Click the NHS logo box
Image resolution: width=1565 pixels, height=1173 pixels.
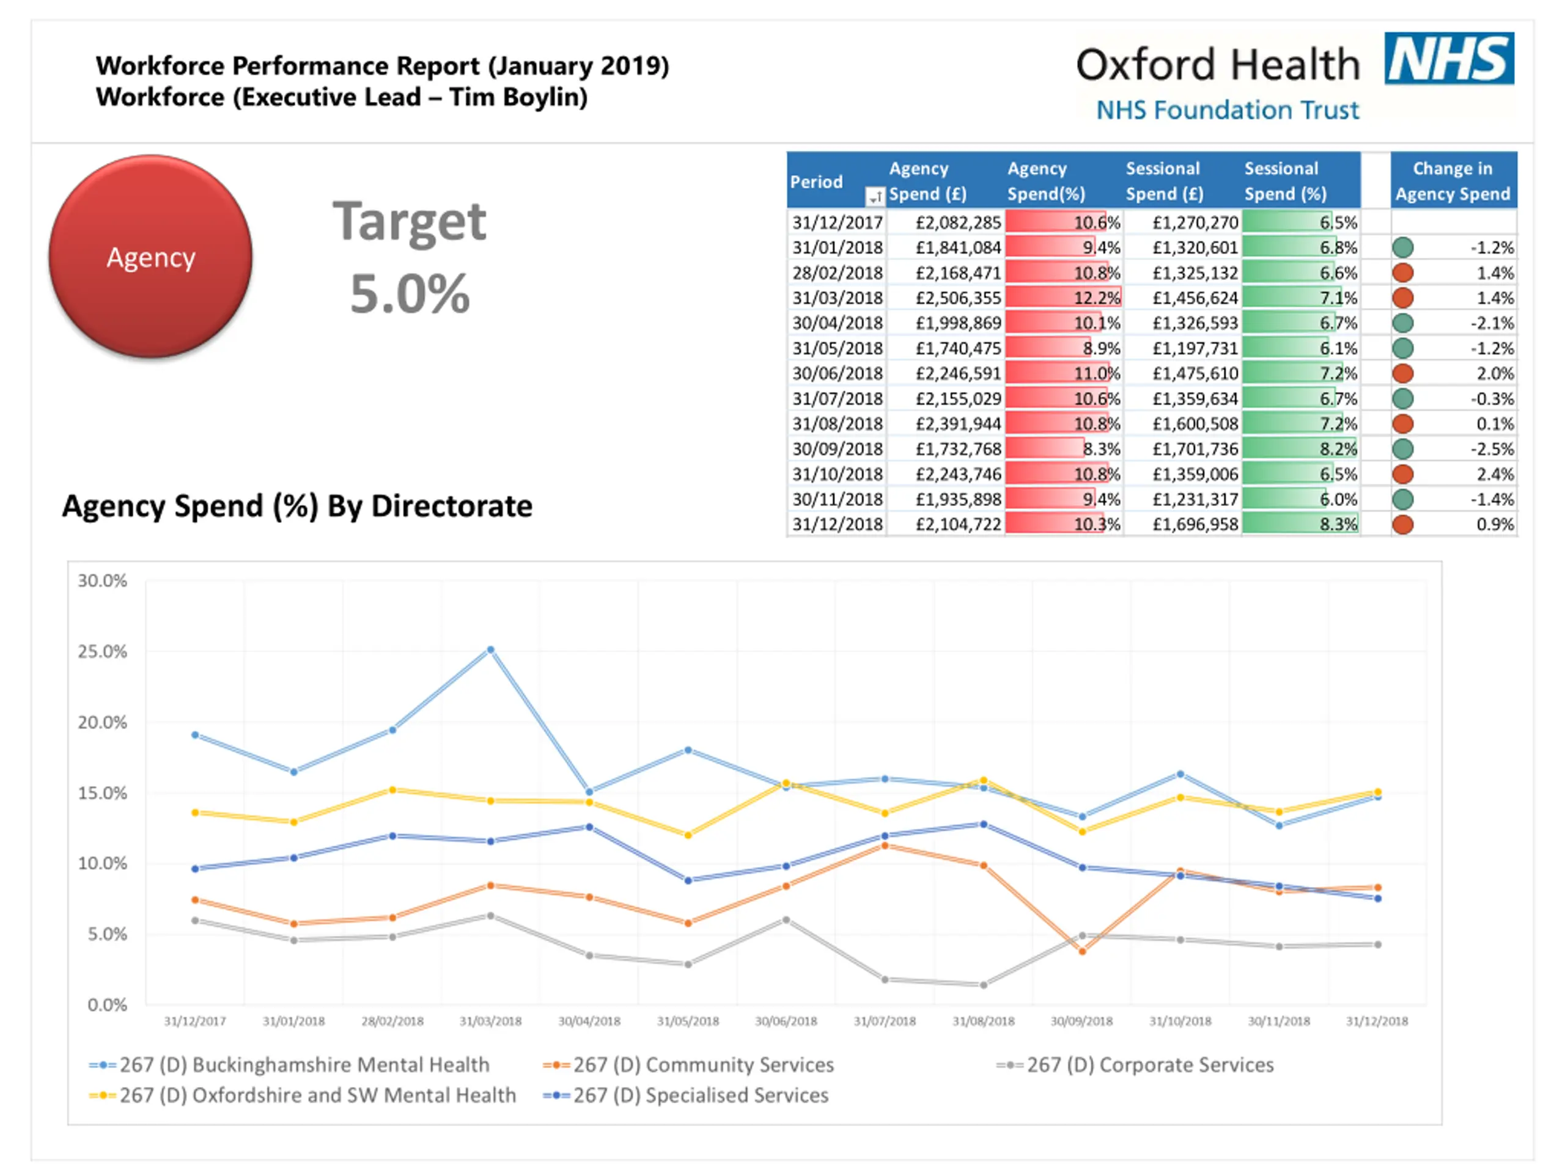click(x=1449, y=58)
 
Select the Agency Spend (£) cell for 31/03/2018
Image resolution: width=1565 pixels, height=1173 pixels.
click(x=958, y=298)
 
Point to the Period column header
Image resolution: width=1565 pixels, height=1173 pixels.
click(x=817, y=181)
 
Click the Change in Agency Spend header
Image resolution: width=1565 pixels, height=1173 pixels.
click(x=1453, y=181)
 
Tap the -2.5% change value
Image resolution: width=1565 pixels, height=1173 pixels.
click(x=1492, y=449)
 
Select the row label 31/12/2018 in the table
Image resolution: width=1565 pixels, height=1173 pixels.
click(x=837, y=525)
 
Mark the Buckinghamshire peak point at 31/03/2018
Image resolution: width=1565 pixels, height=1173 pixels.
click(x=490, y=649)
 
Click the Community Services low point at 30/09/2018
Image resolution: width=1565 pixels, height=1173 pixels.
click(x=1082, y=952)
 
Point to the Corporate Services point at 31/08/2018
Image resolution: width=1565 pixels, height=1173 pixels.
click(x=984, y=985)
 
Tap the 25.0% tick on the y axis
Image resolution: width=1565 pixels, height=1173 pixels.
click(x=103, y=651)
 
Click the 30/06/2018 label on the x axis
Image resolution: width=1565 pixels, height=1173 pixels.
click(x=786, y=1021)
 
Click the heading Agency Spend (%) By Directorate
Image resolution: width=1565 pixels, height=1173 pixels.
click(x=297, y=506)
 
